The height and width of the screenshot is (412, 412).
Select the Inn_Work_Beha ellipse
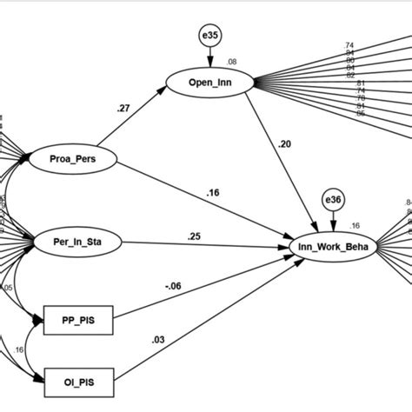pyautogui.click(x=334, y=248)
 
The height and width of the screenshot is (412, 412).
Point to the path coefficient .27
pyautogui.click(x=123, y=109)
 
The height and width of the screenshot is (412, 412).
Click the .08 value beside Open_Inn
pyautogui.click(x=232, y=62)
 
